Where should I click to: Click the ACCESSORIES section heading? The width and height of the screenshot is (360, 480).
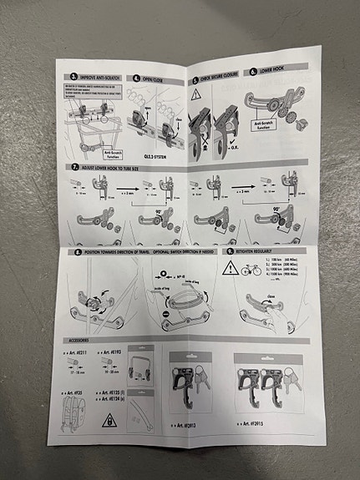point(79,340)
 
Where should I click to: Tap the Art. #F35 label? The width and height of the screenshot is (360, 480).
point(77,391)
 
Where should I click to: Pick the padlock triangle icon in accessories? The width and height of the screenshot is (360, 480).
point(109,421)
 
